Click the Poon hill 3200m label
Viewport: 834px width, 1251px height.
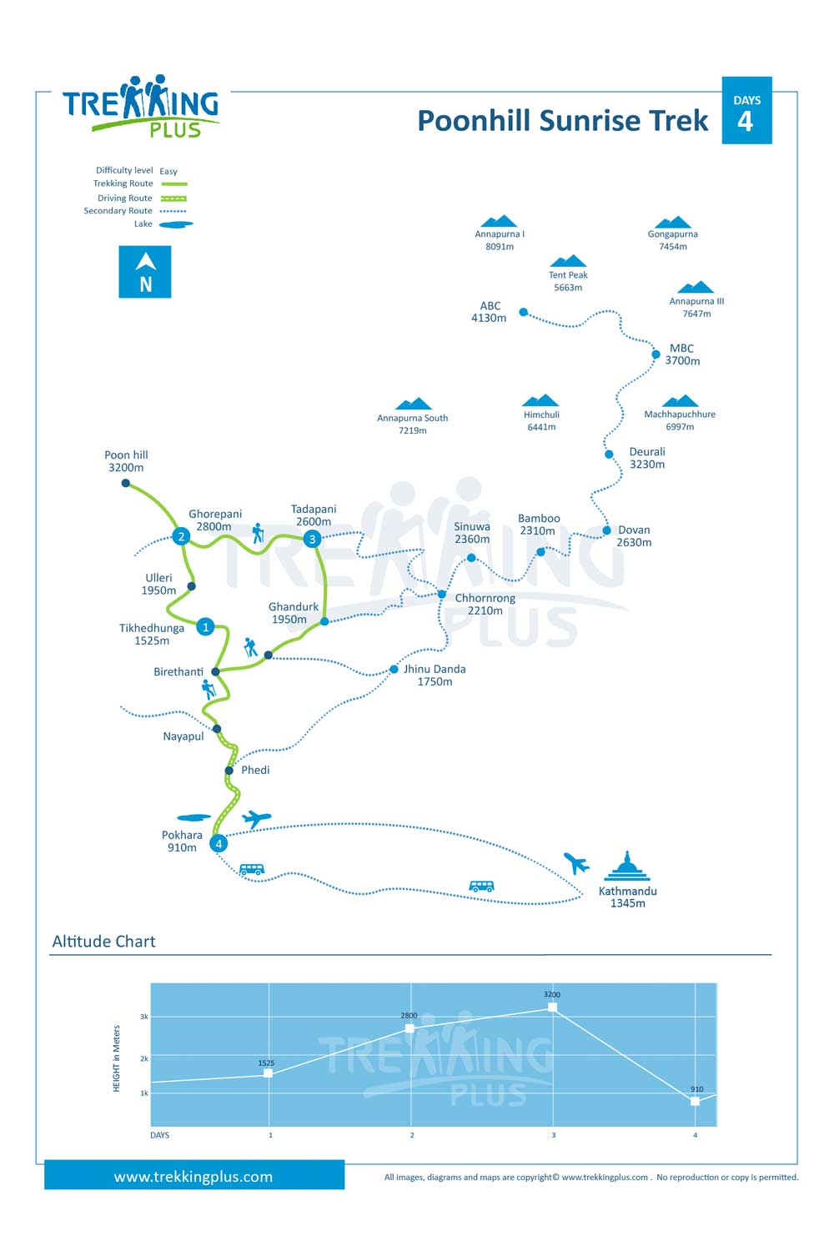[126, 461]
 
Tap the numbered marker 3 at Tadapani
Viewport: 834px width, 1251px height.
[312, 539]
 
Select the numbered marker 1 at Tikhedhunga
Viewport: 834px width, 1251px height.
[205, 626]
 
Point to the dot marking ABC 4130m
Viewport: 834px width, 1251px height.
[524, 312]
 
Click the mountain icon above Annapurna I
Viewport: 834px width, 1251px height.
[499, 221]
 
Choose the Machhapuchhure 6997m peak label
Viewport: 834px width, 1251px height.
[680, 420]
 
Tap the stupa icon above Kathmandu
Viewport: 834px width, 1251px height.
[627, 866]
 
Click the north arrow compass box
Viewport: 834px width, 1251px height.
[145, 272]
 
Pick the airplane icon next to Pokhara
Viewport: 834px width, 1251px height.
[256, 819]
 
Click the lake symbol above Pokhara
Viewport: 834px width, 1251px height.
[193, 817]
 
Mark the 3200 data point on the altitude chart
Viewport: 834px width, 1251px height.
[552, 1007]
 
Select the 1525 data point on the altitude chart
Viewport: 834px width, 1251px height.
[269, 1073]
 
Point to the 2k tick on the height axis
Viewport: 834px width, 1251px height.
[144, 1058]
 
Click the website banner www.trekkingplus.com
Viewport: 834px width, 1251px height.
[194, 1176]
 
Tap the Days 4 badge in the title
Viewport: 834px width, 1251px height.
[747, 111]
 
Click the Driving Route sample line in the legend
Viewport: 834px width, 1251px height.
[173, 198]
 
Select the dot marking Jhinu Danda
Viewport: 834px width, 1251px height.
[394, 669]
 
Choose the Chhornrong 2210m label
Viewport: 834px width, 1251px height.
[485, 605]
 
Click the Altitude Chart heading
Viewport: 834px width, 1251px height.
[104, 942]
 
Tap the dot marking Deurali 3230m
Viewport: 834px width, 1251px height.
[609, 455]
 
